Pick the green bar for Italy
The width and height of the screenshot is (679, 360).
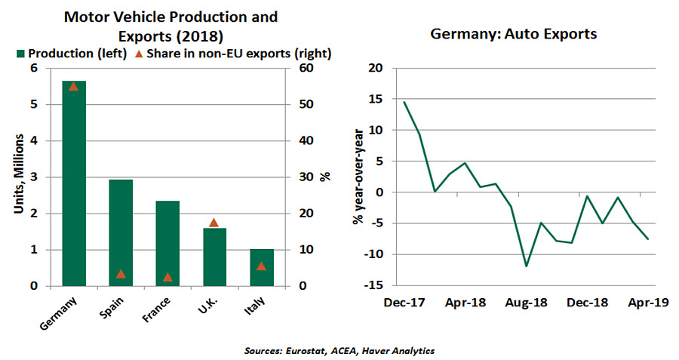coord(261,267)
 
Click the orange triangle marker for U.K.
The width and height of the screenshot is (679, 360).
coord(214,223)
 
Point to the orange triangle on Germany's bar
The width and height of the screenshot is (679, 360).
coord(74,86)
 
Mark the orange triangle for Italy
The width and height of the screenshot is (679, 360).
coord(261,266)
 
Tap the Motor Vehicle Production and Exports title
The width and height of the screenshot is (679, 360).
coord(170,25)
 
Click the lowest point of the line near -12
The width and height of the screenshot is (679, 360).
coord(526,266)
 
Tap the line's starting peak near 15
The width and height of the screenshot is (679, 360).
coord(404,102)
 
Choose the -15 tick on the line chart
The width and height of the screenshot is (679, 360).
coord(375,285)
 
